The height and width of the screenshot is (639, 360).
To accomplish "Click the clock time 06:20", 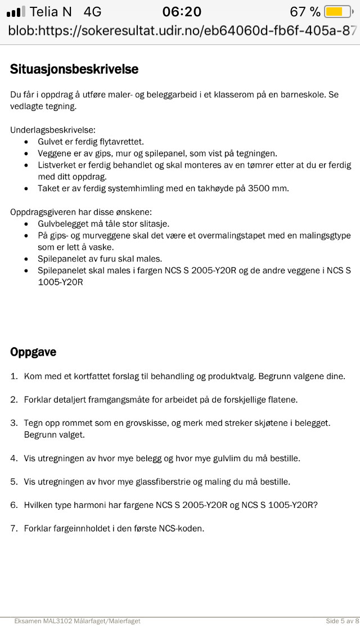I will coord(182,11).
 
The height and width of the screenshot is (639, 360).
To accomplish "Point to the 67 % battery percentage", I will coord(305,11).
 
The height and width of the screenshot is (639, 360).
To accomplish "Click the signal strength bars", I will coord(16,12).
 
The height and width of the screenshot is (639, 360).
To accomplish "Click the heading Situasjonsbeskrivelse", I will coord(74,69).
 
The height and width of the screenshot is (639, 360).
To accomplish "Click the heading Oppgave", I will coord(33,352).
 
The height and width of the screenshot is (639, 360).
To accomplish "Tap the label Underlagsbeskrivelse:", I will coord(52,130).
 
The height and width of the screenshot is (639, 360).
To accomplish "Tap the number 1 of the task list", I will coord(14,376).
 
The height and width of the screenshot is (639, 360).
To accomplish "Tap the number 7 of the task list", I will coord(14,528).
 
